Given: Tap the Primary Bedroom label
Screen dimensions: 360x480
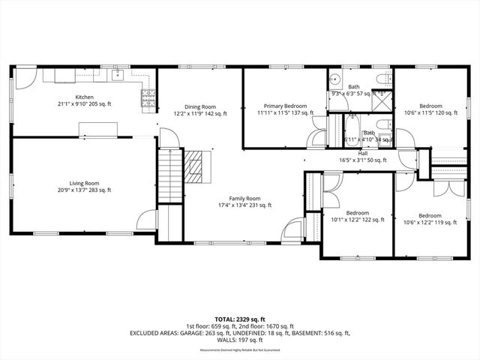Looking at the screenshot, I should point(285,109).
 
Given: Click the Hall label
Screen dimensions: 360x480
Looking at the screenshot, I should point(363,156).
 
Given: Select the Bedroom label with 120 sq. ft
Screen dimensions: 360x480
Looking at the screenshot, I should point(430,109).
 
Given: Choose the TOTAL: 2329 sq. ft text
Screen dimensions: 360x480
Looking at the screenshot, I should point(239,319).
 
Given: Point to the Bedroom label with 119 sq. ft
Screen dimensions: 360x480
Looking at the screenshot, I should point(430,218).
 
